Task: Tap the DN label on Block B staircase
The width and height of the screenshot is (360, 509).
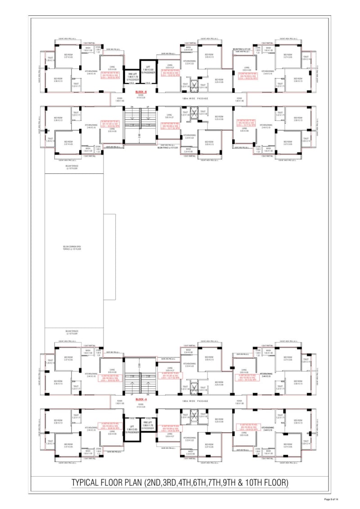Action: [x=132, y=107]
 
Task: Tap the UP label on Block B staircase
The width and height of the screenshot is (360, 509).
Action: [x=148, y=107]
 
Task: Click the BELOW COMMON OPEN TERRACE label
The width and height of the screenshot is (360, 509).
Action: [x=72, y=248]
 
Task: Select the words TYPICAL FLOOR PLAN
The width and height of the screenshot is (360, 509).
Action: [x=108, y=483]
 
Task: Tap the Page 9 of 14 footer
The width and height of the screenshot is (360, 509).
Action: [x=333, y=499]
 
